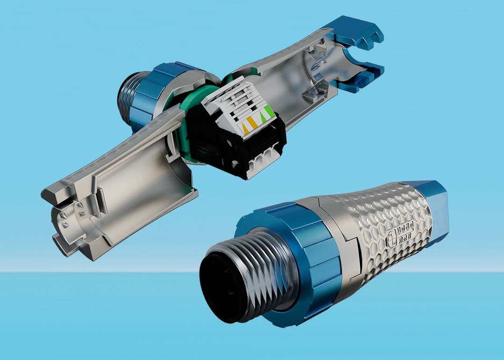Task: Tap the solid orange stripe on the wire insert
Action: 252,122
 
